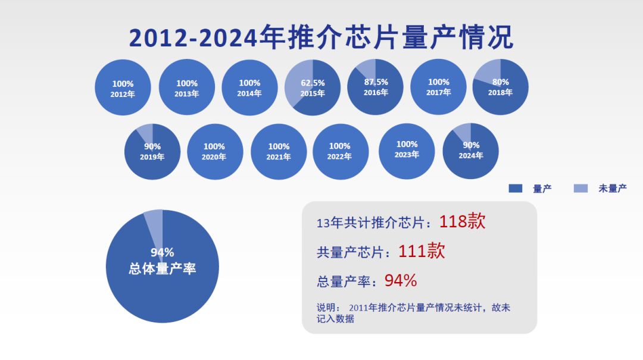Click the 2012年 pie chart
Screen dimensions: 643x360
123,87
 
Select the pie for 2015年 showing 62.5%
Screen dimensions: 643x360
313,87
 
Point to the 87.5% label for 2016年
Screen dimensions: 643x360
376,82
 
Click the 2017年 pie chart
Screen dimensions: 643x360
438,87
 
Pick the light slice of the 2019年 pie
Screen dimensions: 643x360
146,132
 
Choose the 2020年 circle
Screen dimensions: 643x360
215,152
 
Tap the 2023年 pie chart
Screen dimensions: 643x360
407,151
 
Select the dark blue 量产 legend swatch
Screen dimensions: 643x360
516,188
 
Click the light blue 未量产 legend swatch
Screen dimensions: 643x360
580,188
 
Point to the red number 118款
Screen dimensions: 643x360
462,221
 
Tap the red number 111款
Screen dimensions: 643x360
422,251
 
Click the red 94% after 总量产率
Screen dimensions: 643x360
401,281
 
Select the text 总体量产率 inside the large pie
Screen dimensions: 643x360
163,268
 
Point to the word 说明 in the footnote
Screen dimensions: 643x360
326,308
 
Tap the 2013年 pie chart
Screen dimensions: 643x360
186,87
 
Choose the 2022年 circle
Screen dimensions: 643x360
341,152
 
